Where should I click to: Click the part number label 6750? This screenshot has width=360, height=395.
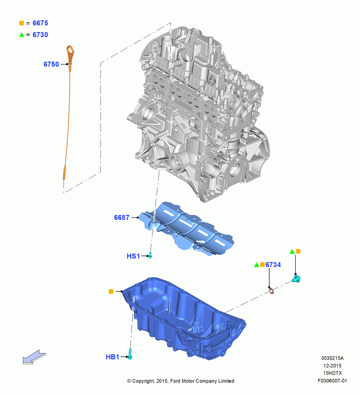coord(51,64)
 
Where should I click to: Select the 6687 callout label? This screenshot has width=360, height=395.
coord(122,217)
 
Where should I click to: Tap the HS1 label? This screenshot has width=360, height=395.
coord(133,256)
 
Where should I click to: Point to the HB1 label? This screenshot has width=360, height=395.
coord(112,357)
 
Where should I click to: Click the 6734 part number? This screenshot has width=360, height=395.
coord(273,265)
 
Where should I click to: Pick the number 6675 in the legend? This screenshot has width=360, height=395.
coord(40,23)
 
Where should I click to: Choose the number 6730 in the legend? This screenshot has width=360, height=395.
coord(40,35)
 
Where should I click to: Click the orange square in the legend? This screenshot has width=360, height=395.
coord(22,23)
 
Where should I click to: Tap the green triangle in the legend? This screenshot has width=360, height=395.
coord(22,35)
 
